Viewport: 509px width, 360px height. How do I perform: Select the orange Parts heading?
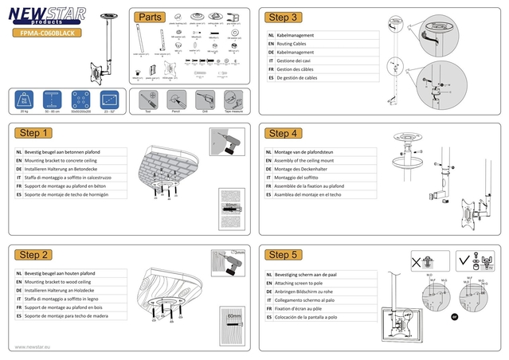click(151, 18)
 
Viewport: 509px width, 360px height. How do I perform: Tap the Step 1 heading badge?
click(35, 133)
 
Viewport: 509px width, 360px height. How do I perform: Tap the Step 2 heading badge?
click(35, 254)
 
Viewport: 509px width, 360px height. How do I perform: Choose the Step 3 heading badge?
click(284, 18)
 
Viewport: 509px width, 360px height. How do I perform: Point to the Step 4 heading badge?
click(284, 133)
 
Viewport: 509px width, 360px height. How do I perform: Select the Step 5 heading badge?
click(284, 254)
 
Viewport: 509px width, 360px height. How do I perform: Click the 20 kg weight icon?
click(25, 101)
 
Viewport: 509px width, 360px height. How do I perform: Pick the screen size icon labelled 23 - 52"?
click(109, 101)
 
